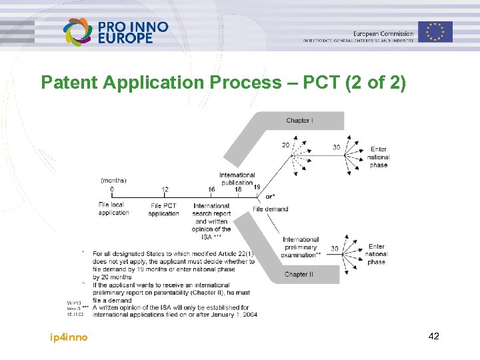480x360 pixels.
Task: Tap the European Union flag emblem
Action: [435, 32]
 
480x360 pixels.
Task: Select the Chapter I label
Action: [299, 121]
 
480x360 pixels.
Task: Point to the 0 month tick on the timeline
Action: [112, 190]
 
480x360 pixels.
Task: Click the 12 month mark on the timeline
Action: [165, 190]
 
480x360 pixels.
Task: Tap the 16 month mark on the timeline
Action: [211, 190]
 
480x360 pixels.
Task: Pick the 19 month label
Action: [257, 187]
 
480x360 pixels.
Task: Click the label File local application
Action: [113, 209]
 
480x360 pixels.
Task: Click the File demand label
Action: [271, 209]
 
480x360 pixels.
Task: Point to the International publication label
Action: [237, 179]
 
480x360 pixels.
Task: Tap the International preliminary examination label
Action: [301, 247]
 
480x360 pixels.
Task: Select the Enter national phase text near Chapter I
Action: [378, 157]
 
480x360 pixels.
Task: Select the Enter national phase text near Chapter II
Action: [376, 254]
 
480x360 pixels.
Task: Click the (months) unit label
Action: [113, 180]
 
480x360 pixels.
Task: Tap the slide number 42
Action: [433, 337]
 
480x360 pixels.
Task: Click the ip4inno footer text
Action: [69, 337]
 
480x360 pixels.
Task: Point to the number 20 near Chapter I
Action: [285, 145]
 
